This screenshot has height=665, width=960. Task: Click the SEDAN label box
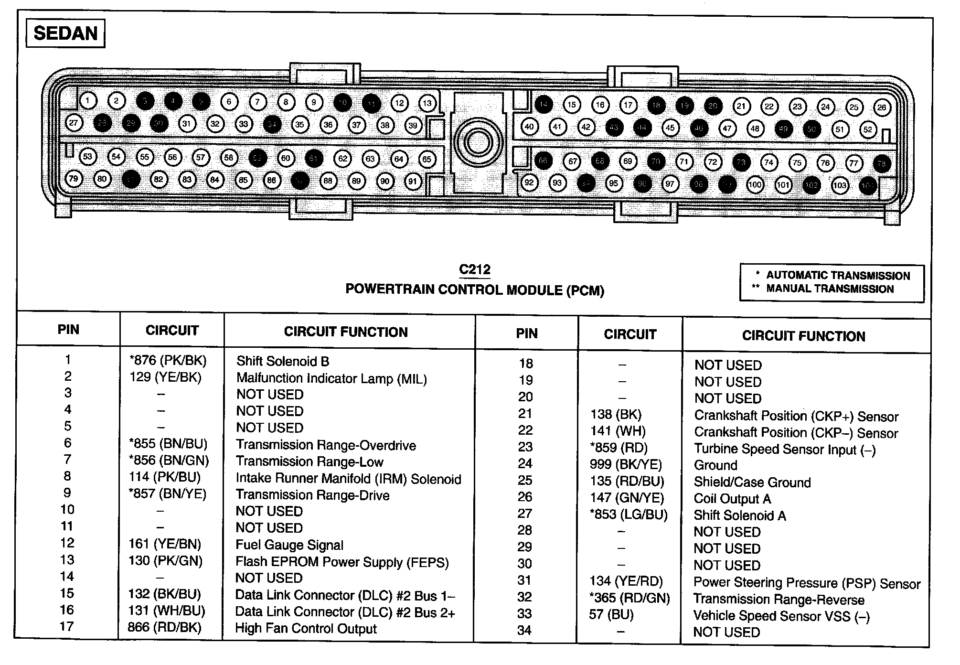pyautogui.click(x=65, y=33)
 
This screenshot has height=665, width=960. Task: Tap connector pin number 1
pyautogui.click(x=88, y=101)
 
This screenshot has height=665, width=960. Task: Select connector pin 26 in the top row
pyautogui.click(x=882, y=107)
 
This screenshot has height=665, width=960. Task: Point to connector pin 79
pyautogui.click(x=74, y=179)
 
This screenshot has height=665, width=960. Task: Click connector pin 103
pyautogui.click(x=840, y=185)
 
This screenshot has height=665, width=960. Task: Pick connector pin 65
pyautogui.click(x=427, y=160)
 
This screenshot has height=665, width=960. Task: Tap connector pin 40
pyautogui.click(x=529, y=127)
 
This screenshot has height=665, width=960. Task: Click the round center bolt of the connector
pyautogui.click(x=478, y=142)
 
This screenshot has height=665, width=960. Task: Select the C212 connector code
pyautogui.click(x=474, y=270)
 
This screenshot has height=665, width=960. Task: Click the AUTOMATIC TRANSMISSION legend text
pyautogui.click(x=838, y=276)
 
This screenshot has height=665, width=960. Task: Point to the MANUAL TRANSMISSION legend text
pyautogui.click(x=830, y=289)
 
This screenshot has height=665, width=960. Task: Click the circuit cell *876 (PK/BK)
pyautogui.click(x=168, y=361)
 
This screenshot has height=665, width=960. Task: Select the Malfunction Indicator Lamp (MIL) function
pyautogui.click(x=331, y=378)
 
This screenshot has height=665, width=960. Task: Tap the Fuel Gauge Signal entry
pyautogui.click(x=289, y=545)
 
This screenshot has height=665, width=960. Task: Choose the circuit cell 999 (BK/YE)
pyautogui.click(x=626, y=464)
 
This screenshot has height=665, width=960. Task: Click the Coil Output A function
pyautogui.click(x=732, y=499)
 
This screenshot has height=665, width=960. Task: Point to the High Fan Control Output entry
pyautogui.click(x=306, y=629)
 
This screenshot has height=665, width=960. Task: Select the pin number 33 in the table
pyautogui.click(x=524, y=614)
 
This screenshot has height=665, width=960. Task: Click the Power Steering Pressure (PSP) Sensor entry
pyautogui.click(x=807, y=583)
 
